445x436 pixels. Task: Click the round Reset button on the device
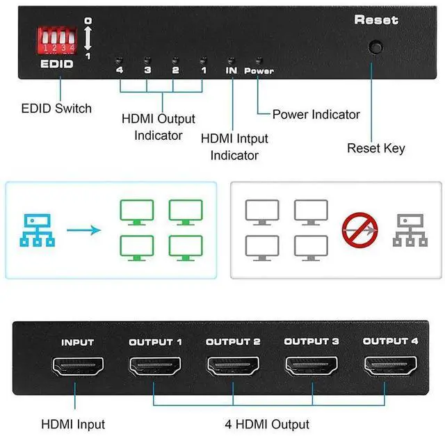[x=376, y=47]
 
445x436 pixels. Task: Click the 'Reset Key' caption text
[x=375, y=147]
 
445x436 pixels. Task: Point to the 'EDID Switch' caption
[x=56, y=108]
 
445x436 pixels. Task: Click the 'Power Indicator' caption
[x=316, y=114]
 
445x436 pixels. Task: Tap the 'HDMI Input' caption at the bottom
[x=73, y=423]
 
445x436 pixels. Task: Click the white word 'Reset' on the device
[x=376, y=20]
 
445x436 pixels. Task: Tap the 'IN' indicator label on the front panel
[x=232, y=70]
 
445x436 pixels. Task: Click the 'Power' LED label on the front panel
[x=260, y=71]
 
